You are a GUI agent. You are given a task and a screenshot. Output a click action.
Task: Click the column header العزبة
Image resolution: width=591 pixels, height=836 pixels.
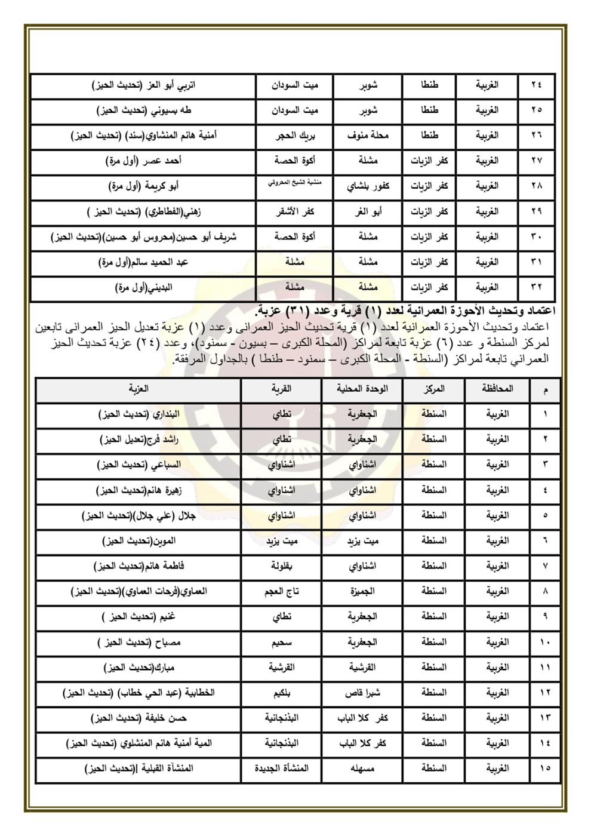pyautogui.click(x=138, y=389)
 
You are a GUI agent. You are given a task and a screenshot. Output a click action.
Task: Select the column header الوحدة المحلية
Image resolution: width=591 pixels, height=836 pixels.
pyautogui.click(x=362, y=389)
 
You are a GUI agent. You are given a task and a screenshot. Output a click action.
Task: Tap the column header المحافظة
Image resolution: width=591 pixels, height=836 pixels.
pyautogui.click(x=497, y=389)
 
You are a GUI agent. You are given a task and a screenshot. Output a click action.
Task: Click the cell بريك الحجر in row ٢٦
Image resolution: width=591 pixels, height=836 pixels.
pyautogui.click(x=294, y=136)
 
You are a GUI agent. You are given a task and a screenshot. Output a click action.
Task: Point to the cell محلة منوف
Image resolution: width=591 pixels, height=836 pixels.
pyautogui.click(x=368, y=136)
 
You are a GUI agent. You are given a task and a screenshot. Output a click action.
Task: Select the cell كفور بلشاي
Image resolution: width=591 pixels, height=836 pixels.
pyautogui.click(x=368, y=186)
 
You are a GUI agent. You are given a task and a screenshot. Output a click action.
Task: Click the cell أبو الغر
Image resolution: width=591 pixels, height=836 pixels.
pyautogui.click(x=368, y=211)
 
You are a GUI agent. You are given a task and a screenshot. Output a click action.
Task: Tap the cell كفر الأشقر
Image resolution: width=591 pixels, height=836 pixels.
pyautogui.click(x=294, y=211)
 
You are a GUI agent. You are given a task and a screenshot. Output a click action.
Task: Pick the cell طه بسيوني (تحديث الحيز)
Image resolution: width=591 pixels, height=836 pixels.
pyautogui.click(x=144, y=110)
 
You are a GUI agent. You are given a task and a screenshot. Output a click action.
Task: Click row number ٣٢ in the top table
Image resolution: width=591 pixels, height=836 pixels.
pyautogui.click(x=536, y=287)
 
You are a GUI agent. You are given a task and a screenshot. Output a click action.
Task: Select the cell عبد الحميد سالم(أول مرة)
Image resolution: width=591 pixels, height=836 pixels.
pyautogui.click(x=144, y=262)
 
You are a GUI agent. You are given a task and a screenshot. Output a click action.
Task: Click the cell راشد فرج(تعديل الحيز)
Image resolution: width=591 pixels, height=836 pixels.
pyautogui.click(x=138, y=439)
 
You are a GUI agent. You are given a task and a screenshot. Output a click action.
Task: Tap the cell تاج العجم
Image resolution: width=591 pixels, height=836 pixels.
pyautogui.click(x=282, y=591)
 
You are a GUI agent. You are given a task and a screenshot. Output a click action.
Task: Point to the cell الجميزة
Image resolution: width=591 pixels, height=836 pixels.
pyautogui.click(x=362, y=591)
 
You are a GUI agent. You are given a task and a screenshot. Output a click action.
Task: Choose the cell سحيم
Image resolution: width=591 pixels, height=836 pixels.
pyautogui.click(x=282, y=642)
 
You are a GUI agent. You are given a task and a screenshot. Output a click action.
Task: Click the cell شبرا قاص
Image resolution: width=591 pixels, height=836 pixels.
pyautogui.click(x=362, y=693)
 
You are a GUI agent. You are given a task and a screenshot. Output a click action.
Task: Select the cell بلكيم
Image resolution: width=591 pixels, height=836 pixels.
pyautogui.click(x=282, y=693)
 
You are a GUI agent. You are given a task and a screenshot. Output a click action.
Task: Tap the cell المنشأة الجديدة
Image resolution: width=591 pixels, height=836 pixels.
pyautogui.click(x=282, y=769)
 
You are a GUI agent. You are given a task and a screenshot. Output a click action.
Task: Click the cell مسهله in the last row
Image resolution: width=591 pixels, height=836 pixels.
pyautogui.click(x=362, y=769)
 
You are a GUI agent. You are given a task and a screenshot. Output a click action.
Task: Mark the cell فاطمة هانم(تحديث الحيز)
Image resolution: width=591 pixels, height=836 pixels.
pyautogui.click(x=138, y=565)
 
